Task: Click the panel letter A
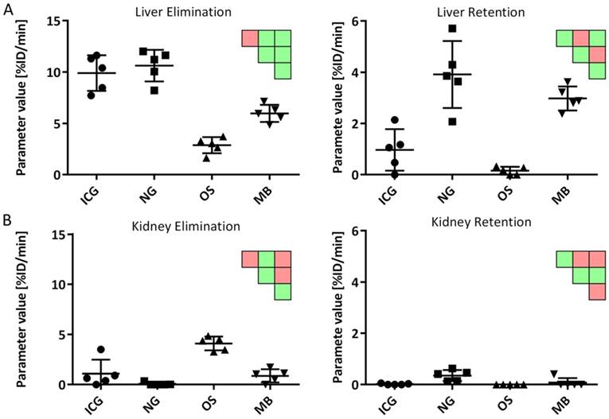(x=6, y=8)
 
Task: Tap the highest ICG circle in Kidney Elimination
(x=101, y=350)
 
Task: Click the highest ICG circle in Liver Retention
(x=393, y=120)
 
